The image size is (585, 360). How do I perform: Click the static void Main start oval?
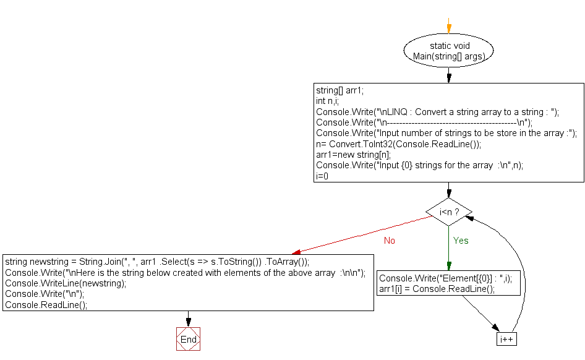(449, 51)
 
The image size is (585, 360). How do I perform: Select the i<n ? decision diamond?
(449, 212)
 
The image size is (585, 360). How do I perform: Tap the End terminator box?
(189, 339)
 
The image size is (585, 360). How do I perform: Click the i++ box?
(506, 340)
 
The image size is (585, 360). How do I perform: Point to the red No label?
(389, 241)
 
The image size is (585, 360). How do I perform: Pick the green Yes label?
(461, 240)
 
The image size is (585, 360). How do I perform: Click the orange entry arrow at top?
(449, 27)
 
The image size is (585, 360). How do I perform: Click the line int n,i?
(327, 101)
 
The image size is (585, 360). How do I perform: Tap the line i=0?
(322, 176)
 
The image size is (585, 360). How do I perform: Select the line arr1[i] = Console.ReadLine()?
(437, 289)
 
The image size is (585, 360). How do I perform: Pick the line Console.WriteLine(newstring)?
(66, 283)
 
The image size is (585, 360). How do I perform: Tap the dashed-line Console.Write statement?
(424, 122)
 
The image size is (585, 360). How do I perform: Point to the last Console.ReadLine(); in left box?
(46, 304)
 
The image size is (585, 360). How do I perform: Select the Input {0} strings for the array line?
(419, 165)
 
